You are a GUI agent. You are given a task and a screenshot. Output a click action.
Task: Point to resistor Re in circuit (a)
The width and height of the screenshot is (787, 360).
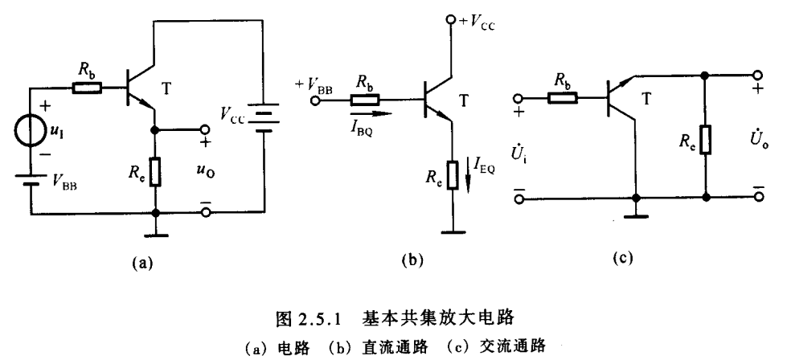click(155, 171)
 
